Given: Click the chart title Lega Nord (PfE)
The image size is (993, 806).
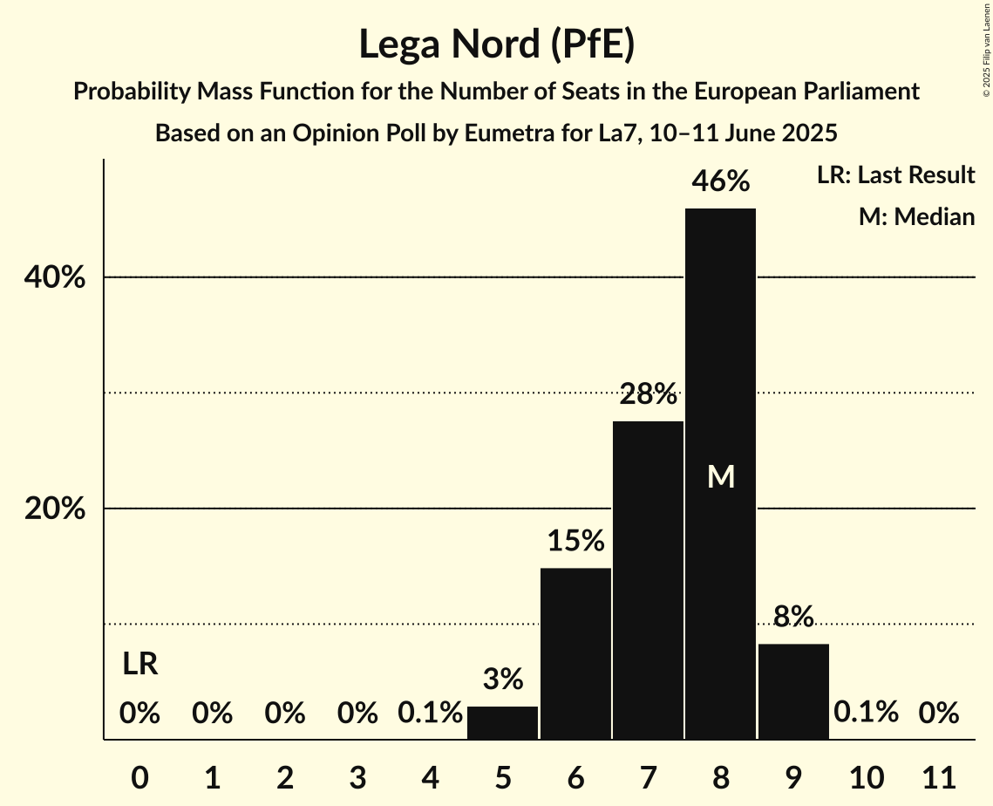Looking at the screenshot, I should click(x=496, y=45).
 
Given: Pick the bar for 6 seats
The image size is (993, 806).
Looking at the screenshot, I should click(x=575, y=653).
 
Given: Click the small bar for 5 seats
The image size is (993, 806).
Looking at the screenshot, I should click(x=503, y=723).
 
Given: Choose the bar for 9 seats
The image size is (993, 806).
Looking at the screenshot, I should click(x=793, y=691).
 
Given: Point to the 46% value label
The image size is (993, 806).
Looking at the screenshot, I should click(x=720, y=181).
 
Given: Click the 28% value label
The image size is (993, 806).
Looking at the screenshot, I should click(x=648, y=395).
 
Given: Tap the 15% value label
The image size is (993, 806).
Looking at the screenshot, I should click(x=575, y=541).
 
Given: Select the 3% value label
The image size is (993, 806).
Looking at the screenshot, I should click(x=503, y=679).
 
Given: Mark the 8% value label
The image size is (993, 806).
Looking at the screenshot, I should click(x=793, y=617).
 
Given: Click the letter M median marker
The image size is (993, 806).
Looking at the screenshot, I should click(x=721, y=476).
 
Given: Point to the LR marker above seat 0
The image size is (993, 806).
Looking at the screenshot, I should click(x=139, y=665).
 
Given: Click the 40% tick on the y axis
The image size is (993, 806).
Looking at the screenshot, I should click(x=55, y=277).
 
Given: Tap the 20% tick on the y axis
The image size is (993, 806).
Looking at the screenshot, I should click(x=55, y=509).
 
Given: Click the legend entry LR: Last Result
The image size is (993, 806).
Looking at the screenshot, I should click(x=895, y=175).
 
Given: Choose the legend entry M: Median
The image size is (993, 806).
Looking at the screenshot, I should click(x=916, y=216).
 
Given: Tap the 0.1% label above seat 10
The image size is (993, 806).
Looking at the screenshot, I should click(x=866, y=713).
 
